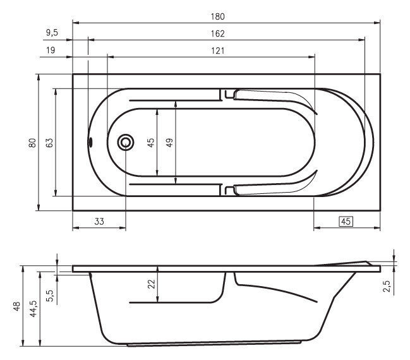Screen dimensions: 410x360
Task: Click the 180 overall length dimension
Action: tap(217, 16)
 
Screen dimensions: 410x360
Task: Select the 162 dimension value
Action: tap(217, 33)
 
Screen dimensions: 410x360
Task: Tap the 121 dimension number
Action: tap(217, 51)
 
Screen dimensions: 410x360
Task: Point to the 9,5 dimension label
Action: tap(52, 33)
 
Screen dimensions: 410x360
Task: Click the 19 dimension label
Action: tap(51, 50)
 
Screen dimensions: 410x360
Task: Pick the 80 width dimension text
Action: tap(32, 143)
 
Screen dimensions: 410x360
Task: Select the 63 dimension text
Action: tap(49, 143)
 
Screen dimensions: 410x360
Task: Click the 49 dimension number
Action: tap(169, 143)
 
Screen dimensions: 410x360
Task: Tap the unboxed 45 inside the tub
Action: tap(151, 143)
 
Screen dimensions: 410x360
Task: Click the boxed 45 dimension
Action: tap(346, 222)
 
